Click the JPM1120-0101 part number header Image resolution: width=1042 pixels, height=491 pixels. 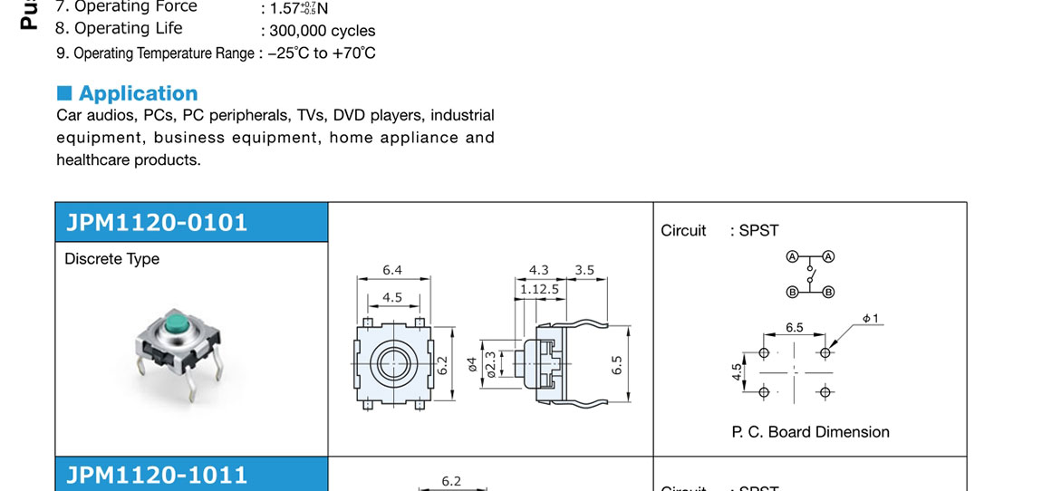[156, 222]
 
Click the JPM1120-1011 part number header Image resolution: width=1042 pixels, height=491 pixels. [156, 475]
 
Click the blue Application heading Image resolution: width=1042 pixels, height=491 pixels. [138, 93]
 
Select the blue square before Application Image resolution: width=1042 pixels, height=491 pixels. [64, 92]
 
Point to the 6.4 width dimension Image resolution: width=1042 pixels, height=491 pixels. [392, 270]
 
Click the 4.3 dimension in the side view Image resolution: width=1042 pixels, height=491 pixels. [539, 270]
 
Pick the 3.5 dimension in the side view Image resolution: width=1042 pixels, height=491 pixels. [584, 270]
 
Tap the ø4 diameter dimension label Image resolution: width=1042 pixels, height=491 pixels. [471, 365]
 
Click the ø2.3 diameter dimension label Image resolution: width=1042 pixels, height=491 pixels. [490, 363]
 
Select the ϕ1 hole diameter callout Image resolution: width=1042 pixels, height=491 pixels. [871, 318]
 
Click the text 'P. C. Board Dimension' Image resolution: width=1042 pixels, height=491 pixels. [810, 432]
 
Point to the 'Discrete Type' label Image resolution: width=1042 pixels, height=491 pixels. [111, 259]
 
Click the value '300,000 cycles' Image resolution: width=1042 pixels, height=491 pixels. [323, 31]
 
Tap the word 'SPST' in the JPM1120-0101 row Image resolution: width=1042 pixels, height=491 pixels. [758, 230]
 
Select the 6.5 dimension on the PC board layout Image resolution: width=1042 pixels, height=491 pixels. [794, 327]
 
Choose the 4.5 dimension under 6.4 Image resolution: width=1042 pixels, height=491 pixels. [392, 297]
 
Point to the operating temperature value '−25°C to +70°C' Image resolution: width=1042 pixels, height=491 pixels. [322, 53]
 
